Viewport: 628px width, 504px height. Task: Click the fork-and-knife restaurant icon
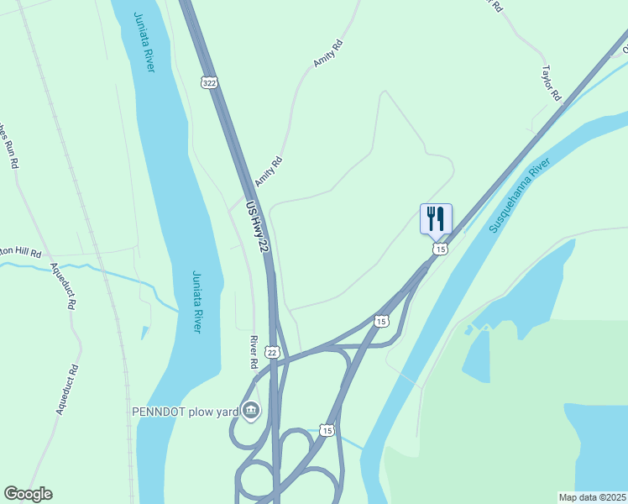click(436, 218)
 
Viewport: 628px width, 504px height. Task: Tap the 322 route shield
click(209, 81)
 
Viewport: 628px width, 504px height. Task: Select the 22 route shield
click(271, 352)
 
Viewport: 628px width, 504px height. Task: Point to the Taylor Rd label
click(551, 83)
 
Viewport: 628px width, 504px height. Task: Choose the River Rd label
click(253, 353)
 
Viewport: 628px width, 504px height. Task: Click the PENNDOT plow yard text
click(185, 412)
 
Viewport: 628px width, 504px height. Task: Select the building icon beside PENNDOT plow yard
click(251, 411)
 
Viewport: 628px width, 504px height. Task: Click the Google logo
click(28, 494)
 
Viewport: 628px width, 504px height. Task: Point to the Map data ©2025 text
click(593, 497)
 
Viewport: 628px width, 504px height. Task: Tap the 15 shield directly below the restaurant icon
click(440, 249)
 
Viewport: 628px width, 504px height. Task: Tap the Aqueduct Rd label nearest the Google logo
click(66, 389)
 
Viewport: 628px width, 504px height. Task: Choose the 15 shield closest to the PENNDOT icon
click(327, 430)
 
